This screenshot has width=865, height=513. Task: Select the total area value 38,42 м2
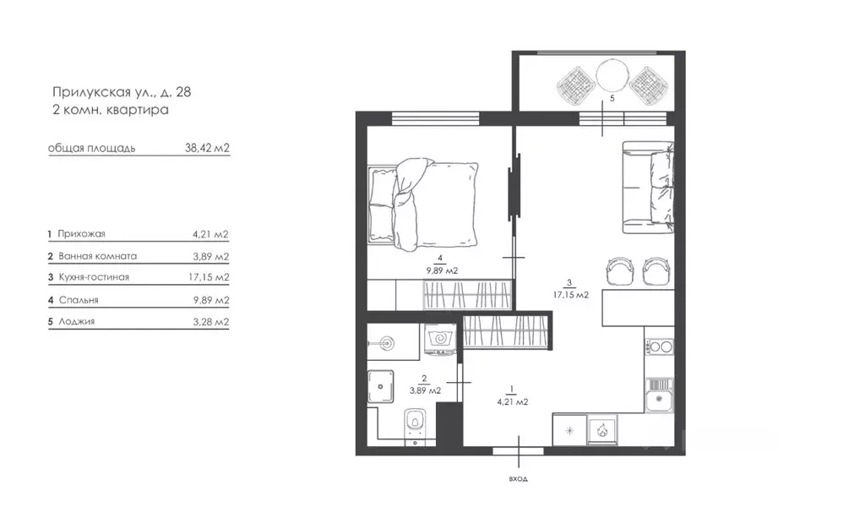tap(207, 148)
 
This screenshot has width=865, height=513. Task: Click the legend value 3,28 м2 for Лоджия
tap(210, 322)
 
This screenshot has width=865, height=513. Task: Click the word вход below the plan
tap(519, 479)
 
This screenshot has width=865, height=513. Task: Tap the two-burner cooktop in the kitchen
tap(658, 347)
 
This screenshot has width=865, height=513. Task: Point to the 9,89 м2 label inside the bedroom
tap(441, 270)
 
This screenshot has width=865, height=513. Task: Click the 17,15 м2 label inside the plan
tap(571, 294)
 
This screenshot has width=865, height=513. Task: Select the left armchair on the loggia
tap(574, 83)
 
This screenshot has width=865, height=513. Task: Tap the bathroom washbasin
tap(386, 342)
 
